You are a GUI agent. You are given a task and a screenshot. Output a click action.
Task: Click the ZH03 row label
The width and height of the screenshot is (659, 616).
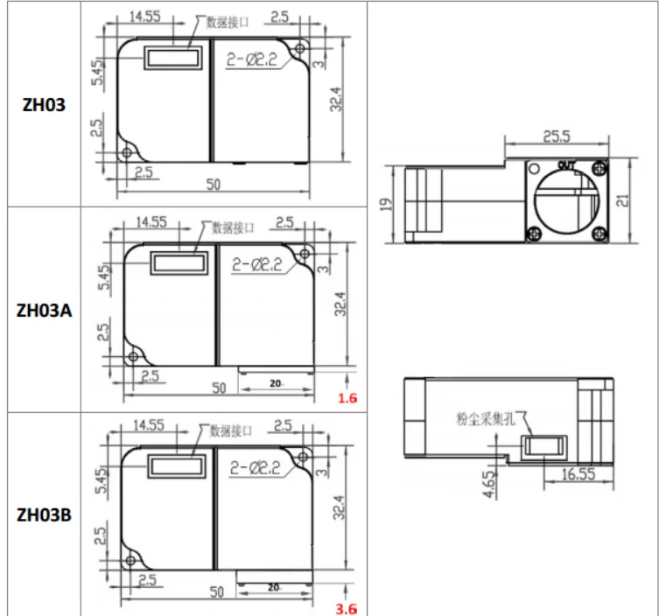coord(43,104)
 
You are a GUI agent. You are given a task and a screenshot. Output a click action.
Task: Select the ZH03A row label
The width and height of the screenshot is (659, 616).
coord(44,310)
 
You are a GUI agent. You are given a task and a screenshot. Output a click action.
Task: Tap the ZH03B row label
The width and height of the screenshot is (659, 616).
coord(44,514)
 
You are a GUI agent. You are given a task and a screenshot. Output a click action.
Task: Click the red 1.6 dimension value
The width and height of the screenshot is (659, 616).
coord(347,399)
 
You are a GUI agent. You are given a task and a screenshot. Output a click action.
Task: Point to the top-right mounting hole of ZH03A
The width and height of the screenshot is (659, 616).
coord(304,254)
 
